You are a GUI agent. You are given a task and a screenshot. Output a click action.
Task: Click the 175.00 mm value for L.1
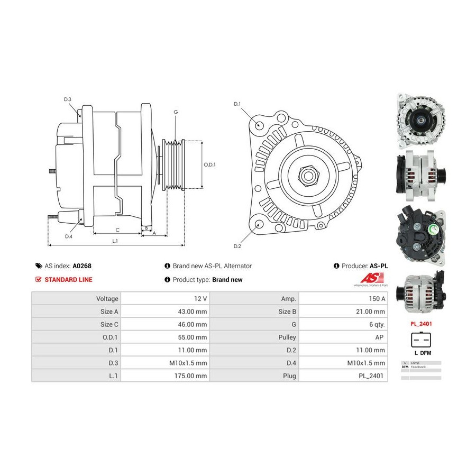click(194, 376)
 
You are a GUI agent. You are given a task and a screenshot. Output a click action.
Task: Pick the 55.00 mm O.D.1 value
click(194, 337)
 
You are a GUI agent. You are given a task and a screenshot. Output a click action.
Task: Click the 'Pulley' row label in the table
click(286, 337)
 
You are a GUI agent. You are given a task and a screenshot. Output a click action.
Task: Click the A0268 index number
click(82, 266)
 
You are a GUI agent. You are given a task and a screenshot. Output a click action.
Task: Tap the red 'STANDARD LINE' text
click(68, 280)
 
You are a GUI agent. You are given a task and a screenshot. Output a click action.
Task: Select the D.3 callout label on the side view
click(68, 99)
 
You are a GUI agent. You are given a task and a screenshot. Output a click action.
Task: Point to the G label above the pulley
click(176, 112)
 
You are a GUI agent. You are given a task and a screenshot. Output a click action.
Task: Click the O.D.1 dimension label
click(210, 164)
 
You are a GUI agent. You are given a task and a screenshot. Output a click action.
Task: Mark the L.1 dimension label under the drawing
click(115, 241)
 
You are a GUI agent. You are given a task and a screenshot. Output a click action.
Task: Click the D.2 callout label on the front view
click(237, 246)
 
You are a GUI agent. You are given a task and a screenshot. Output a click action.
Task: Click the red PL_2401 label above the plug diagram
click(420, 323)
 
